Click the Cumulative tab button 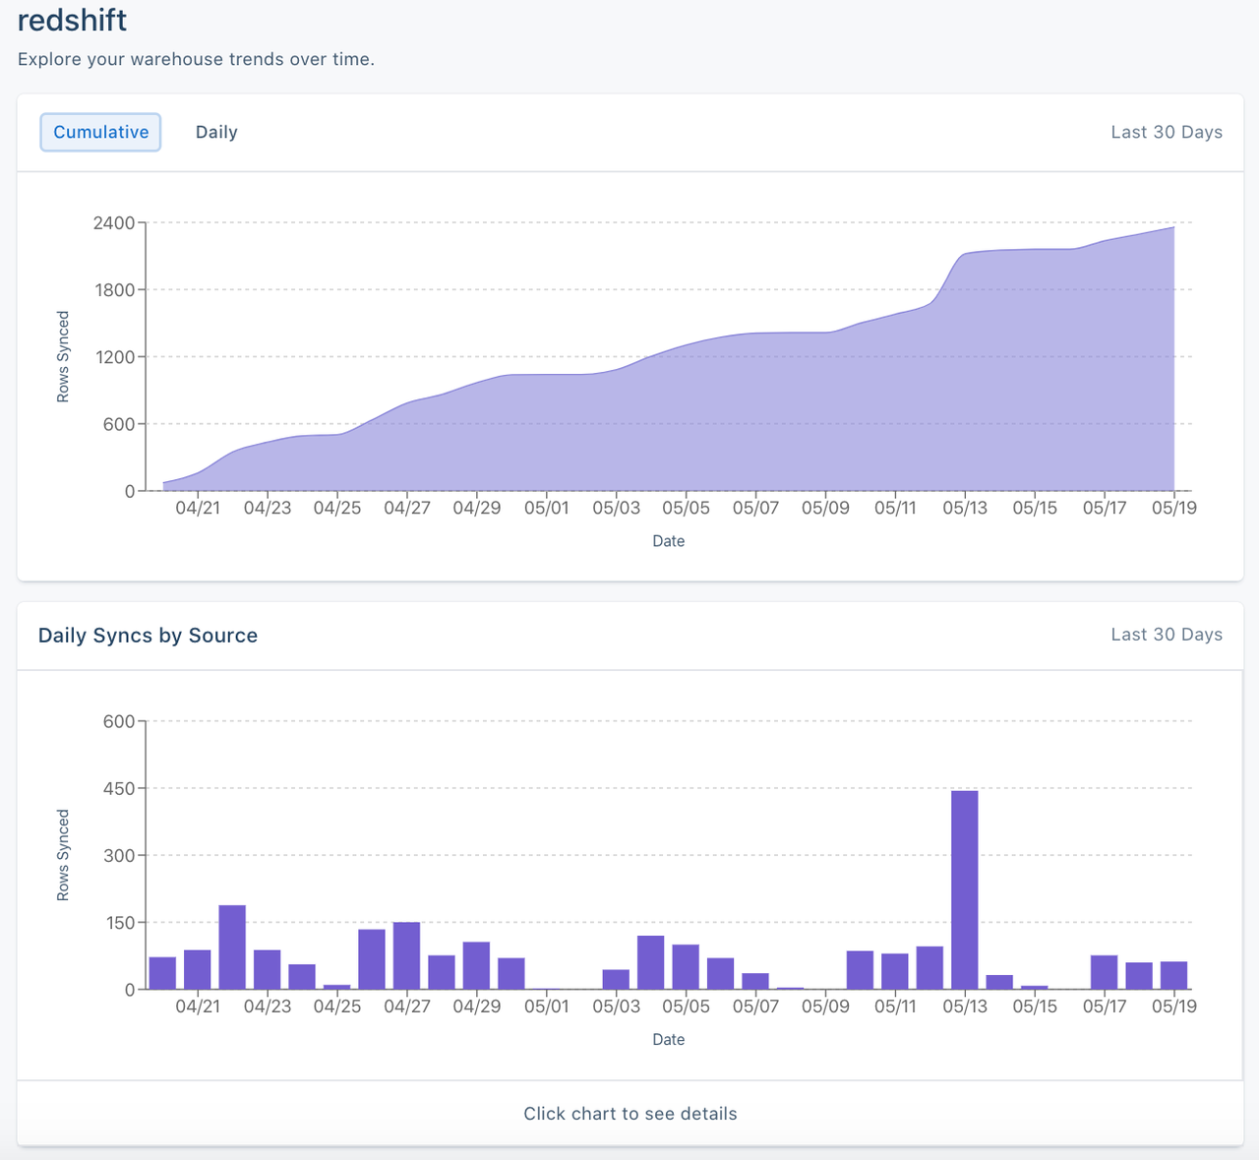pyautogui.click(x=100, y=132)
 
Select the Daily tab pyautogui.click(x=216, y=132)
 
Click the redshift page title pyautogui.click(x=72, y=21)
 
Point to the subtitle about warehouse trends pyautogui.click(x=196, y=59)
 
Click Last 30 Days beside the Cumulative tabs pyautogui.click(x=1166, y=132)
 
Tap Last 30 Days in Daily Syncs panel pyautogui.click(x=1166, y=635)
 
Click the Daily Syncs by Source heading pyautogui.click(x=148, y=636)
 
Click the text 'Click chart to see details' pyautogui.click(x=629, y=1114)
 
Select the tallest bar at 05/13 pyautogui.click(x=964, y=889)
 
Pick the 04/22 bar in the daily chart pyautogui.click(x=232, y=946)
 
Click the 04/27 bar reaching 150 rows pyautogui.click(x=406, y=955)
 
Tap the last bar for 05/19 pyautogui.click(x=1173, y=975)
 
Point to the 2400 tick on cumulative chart pyautogui.click(x=114, y=222)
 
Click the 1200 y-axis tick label pyautogui.click(x=114, y=357)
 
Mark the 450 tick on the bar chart pyautogui.click(x=118, y=788)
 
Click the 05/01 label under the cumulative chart pyautogui.click(x=546, y=508)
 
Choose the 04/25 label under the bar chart pyautogui.click(x=336, y=1007)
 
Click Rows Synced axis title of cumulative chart pyautogui.click(x=63, y=356)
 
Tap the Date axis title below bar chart pyautogui.click(x=668, y=1039)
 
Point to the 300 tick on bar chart pyautogui.click(x=118, y=855)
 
